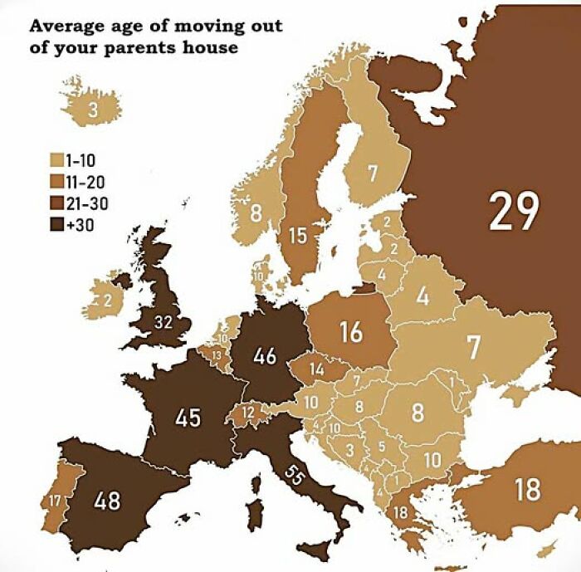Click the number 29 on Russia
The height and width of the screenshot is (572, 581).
click(514, 211)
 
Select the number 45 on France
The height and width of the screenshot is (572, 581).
click(188, 417)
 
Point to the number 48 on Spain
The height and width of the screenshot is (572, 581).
click(108, 501)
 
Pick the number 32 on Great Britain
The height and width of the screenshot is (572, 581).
click(163, 322)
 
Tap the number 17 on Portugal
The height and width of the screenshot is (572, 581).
click(54, 501)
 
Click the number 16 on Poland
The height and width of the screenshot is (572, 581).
click(351, 332)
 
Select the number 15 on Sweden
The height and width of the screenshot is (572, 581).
click(298, 236)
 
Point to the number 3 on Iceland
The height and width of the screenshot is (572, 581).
click(93, 109)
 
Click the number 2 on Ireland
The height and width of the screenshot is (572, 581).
click(107, 301)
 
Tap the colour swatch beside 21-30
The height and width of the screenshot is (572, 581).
click(57, 203)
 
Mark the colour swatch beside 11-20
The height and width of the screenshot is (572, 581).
click(57, 181)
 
